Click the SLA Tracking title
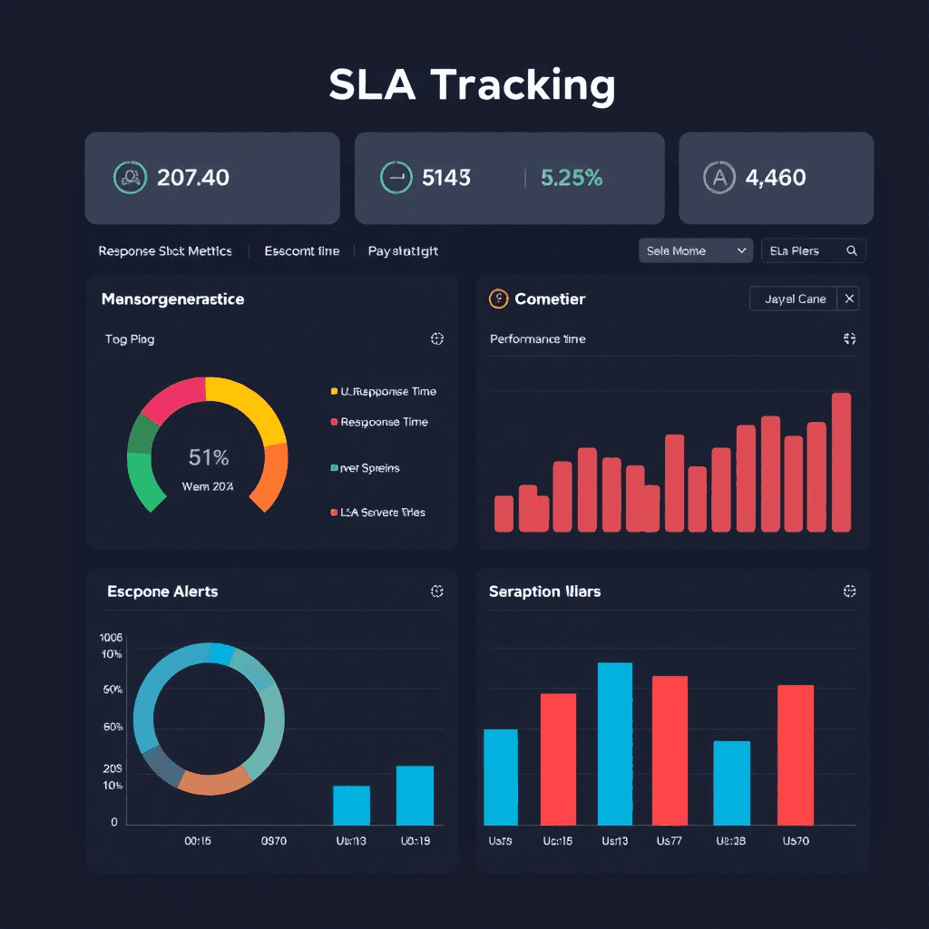tap(472, 85)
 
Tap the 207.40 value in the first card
tap(193, 177)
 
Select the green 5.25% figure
tap(572, 177)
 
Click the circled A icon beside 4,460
tap(719, 177)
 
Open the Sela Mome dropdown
tap(696, 250)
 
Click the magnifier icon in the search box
tap(851, 250)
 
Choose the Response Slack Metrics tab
tap(165, 250)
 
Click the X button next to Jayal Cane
tap(848, 298)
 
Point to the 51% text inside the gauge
tap(209, 457)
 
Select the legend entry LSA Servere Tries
tap(382, 513)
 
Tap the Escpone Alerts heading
tap(162, 592)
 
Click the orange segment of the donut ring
tap(215, 781)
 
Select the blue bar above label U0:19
tap(415, 795)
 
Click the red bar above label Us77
tap(670, 749)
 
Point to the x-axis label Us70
tap(796, 841)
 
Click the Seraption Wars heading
tap(544, 592)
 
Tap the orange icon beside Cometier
tap(497, 298)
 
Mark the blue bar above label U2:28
tap(731, 782)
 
